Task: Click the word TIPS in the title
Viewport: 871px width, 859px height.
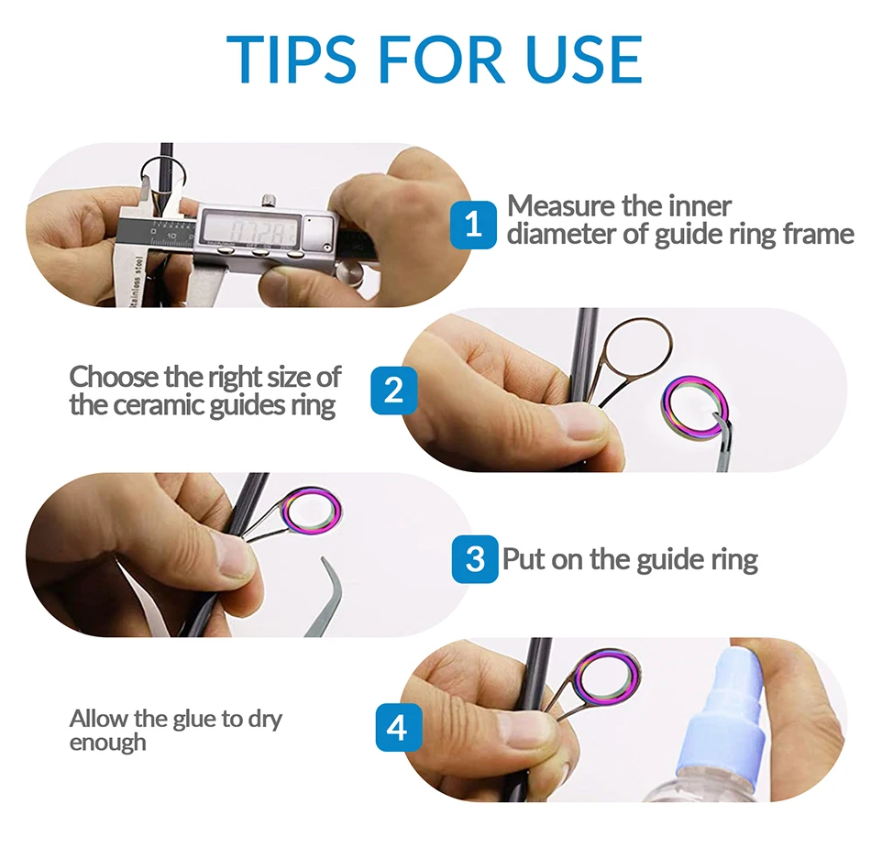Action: tap(291, 60)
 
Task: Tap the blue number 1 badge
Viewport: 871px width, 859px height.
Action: tap(473, 225)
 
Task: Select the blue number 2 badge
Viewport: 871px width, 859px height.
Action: tap(394, 390)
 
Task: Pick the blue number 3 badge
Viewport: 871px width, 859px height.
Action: tap(475, 558)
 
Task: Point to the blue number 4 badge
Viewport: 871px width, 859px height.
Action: tap(397, 727)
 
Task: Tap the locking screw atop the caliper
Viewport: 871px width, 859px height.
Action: tap(269, 201)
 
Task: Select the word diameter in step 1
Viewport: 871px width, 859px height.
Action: tap(561, 234)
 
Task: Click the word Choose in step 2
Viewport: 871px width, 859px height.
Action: tap(114, 377)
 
